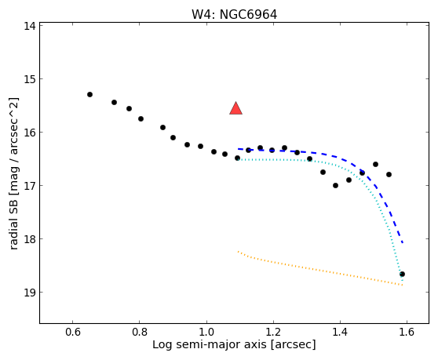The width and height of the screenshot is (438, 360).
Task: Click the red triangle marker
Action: tap(235, 108)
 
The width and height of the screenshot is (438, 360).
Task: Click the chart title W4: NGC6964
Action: tap(235, 15)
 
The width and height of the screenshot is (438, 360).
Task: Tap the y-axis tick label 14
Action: tap(30, 26)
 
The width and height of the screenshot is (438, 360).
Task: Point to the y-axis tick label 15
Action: tap(30, 79)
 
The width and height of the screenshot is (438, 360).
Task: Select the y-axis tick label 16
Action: tap(30, 133)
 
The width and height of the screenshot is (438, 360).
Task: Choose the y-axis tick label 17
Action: tap(30, 186)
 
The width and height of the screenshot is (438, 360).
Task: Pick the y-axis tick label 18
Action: tap(30, 239)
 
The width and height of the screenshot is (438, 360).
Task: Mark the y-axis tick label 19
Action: tap(30, 293)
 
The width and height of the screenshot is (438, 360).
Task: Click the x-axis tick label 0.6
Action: tap(73, 332)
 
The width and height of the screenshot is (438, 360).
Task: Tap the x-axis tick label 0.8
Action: tap(140, 332)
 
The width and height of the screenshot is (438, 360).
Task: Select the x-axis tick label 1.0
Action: tap(206, 332)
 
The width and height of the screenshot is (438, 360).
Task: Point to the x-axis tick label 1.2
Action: tap(273, 332)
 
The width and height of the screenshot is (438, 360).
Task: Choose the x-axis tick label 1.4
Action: tap(340, 332)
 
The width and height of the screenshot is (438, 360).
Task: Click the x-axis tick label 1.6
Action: tap(407, 332)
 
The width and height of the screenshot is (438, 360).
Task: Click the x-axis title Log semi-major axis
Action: tap(210, 345)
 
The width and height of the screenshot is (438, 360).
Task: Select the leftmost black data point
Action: tap(89, 95)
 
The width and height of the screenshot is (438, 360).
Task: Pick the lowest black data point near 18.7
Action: tap(402, 274)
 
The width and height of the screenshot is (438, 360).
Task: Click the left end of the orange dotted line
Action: tap(239, 252)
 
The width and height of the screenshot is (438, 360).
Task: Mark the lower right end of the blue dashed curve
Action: tap(403, 242)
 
